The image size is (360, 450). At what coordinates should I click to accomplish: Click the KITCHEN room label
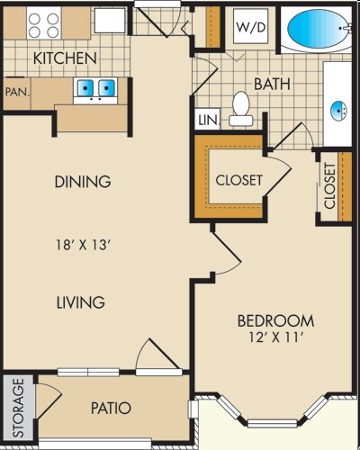[65, 58]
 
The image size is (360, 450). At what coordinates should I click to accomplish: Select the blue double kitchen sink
[94, 88]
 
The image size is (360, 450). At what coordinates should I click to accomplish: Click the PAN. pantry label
[15, 91]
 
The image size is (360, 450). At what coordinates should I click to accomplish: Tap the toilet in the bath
[240, 108]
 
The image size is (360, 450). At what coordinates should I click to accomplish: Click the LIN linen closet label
[206, 120]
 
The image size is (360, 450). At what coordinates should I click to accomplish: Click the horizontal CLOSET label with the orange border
[239, 180]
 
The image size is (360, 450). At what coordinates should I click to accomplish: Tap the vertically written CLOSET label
[329, 186]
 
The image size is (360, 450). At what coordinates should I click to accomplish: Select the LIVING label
[79, 302]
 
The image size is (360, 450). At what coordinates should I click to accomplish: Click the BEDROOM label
[275, 320]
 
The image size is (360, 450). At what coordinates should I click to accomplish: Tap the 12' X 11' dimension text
[275, 340]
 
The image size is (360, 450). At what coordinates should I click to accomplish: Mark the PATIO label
[111, 408]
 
